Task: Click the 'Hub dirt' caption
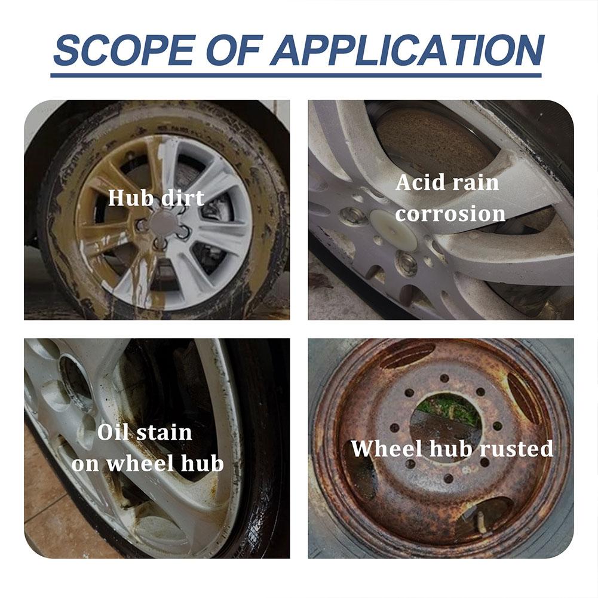point(156,198)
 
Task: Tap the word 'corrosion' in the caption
point(450,213)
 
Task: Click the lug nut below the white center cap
point(406,263)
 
